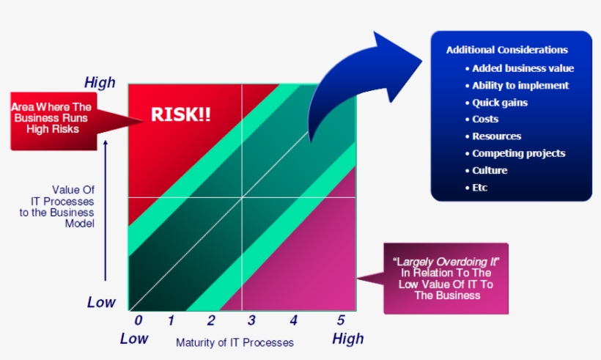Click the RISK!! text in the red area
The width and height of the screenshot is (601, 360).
(180, 114)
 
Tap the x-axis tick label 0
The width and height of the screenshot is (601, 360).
(138, 320)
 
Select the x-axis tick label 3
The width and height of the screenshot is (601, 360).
(251, 320)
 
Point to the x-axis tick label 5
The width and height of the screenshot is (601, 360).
(340, 320)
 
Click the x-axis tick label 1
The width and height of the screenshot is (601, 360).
(170, 320)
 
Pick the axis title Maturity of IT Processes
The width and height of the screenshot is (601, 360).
(235, 342)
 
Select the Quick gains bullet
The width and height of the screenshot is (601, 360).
(500, 103)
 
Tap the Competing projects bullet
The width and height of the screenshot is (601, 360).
(518, 153)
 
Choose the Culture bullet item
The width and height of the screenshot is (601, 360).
(490, 170)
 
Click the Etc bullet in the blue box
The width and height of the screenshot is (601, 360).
(480, 188)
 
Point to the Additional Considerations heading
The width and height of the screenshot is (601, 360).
(506, 51)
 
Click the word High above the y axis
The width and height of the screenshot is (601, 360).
(100, 83)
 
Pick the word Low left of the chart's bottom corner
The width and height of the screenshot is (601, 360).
(102, 302)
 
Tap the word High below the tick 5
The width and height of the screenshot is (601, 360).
(347, 339)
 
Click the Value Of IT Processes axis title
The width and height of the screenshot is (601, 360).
(68, 206)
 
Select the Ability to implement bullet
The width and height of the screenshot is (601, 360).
(520, 85)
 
